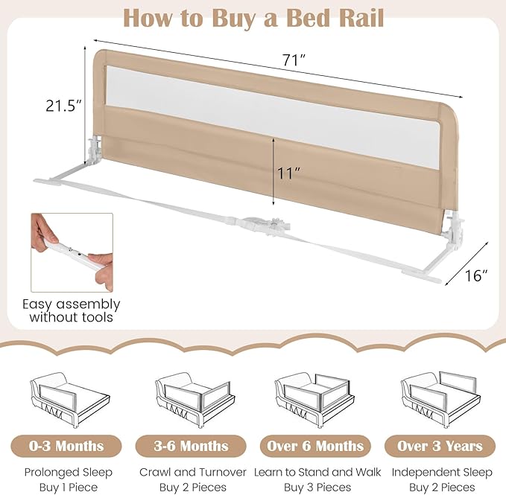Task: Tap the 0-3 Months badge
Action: click(68, 446)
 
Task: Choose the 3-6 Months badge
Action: click(192, 446)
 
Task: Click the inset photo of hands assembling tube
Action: click(72, 252)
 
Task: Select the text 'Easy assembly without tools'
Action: click(72, 311)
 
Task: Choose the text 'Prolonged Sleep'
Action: click(68, 472)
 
